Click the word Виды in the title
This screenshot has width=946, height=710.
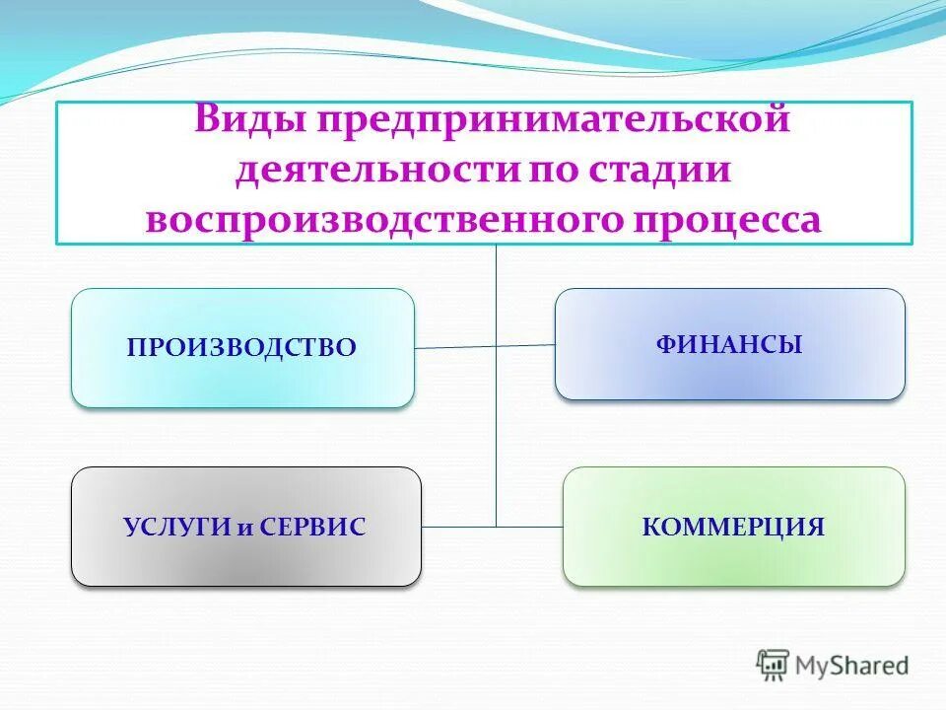(x=248, y=120)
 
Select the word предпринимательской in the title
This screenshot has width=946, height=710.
(x=552, y=122)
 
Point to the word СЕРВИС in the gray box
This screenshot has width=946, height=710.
(x=315, y=528)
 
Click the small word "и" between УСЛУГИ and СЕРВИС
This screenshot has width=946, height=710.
(x=245, y=529)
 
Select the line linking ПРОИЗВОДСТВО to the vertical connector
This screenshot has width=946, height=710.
(x=454, y=347)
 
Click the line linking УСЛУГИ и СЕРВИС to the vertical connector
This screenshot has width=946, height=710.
(x=458, y=527)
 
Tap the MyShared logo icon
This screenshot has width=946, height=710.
(x=773, y=665)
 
